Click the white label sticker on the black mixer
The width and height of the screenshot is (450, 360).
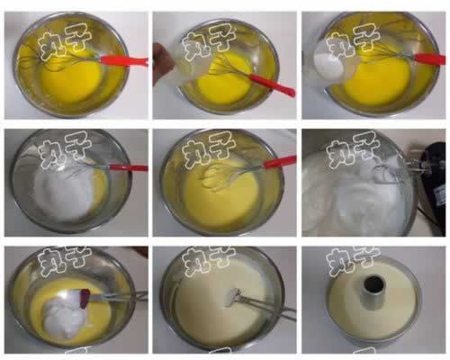(x=440, y=197)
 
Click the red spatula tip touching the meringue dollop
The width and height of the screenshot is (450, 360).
(x=85, y=294)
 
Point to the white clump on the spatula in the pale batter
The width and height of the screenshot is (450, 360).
(x=232, y=297)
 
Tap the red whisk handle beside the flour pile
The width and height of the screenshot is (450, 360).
(x=129, y=167)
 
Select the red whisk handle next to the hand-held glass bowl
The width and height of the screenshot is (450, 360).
(x=272, y=85)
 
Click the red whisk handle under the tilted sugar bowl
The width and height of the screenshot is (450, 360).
(x=429, y=58)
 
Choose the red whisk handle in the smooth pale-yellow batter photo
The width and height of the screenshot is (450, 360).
(x=280, y=162)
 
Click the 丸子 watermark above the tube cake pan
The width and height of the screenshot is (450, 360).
(x=353, y=259)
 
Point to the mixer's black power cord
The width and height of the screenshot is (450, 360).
(x=432, y=219)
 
